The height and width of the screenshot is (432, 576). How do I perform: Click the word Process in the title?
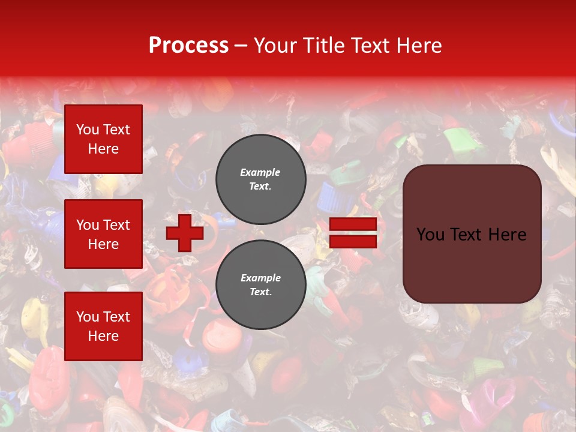188,46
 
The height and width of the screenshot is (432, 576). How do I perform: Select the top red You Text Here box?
103,139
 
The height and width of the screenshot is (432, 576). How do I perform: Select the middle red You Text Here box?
103,234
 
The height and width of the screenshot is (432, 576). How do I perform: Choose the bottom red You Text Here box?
103,326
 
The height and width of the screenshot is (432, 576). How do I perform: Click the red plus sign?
185,233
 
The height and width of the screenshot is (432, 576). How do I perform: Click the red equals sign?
353,233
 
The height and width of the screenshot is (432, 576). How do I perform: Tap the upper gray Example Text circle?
260,179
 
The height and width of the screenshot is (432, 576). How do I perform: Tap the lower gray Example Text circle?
260,284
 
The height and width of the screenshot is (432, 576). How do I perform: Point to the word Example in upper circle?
260,173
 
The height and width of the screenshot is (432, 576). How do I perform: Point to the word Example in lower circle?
260,278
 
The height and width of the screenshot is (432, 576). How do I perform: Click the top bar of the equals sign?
353,224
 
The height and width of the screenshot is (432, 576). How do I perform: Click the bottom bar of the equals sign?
353,242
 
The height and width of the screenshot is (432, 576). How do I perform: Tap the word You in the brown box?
430,235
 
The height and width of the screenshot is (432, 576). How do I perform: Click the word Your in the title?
276,46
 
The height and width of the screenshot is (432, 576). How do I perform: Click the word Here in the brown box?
508,235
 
